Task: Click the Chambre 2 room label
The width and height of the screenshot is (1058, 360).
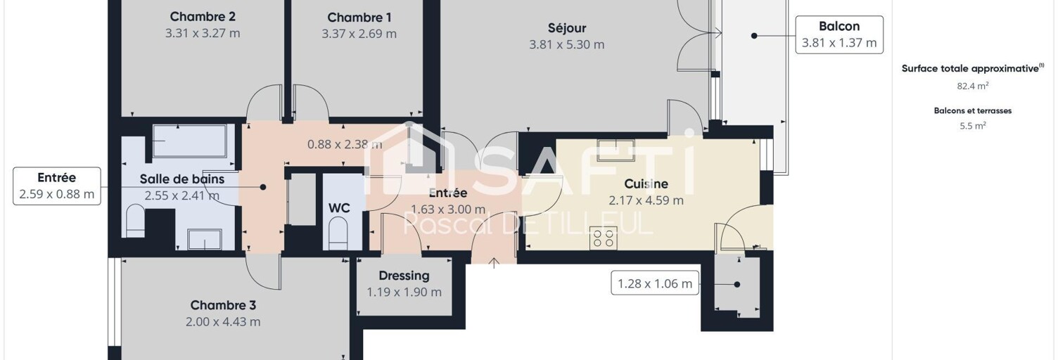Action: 203,17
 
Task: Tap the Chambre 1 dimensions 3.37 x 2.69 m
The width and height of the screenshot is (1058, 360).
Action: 359,34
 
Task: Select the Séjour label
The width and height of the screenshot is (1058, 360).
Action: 567,28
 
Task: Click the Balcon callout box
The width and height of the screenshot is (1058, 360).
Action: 839,34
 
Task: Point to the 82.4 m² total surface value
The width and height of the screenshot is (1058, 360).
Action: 972,86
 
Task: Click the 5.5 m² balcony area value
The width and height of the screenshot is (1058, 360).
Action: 972,125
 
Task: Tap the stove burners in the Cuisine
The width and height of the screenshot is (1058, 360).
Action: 604,237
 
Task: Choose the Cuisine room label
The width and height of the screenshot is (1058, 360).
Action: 646,184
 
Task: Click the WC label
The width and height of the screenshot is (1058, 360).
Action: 339,208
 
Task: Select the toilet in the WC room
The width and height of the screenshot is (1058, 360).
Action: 338,233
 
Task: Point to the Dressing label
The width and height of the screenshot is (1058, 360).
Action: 404,276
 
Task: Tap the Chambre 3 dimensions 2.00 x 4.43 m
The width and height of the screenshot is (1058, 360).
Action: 223,322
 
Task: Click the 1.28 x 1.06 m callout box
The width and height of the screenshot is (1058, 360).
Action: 655,283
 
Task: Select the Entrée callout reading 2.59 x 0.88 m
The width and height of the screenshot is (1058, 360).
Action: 57,186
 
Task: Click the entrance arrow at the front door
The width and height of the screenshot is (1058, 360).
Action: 494,263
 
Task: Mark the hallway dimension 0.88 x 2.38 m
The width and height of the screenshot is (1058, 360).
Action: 345,144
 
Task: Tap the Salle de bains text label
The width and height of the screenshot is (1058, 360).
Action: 181,179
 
